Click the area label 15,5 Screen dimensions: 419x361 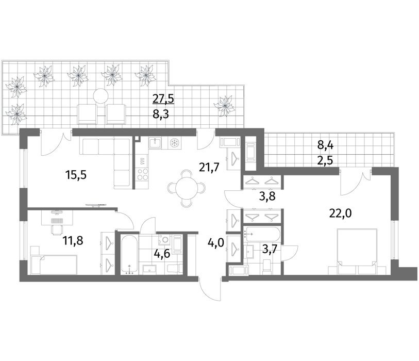76,175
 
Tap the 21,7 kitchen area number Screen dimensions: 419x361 209,168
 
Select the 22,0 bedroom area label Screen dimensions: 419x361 341,214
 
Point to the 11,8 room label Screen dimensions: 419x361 73,241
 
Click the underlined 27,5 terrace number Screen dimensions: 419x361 163,99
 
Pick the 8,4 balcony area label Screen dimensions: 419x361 326,146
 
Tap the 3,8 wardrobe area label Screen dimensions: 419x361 267,196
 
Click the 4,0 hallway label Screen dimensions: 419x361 216,244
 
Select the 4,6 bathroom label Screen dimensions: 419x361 162,253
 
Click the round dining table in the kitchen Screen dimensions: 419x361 187,188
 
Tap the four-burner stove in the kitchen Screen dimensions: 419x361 142,174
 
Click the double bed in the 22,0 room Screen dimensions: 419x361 357,251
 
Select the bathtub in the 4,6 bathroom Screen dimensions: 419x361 129,255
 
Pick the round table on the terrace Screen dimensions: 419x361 100,96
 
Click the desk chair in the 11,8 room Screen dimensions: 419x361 57,229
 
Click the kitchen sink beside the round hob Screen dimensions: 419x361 155,143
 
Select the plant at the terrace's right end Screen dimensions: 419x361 225,106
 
